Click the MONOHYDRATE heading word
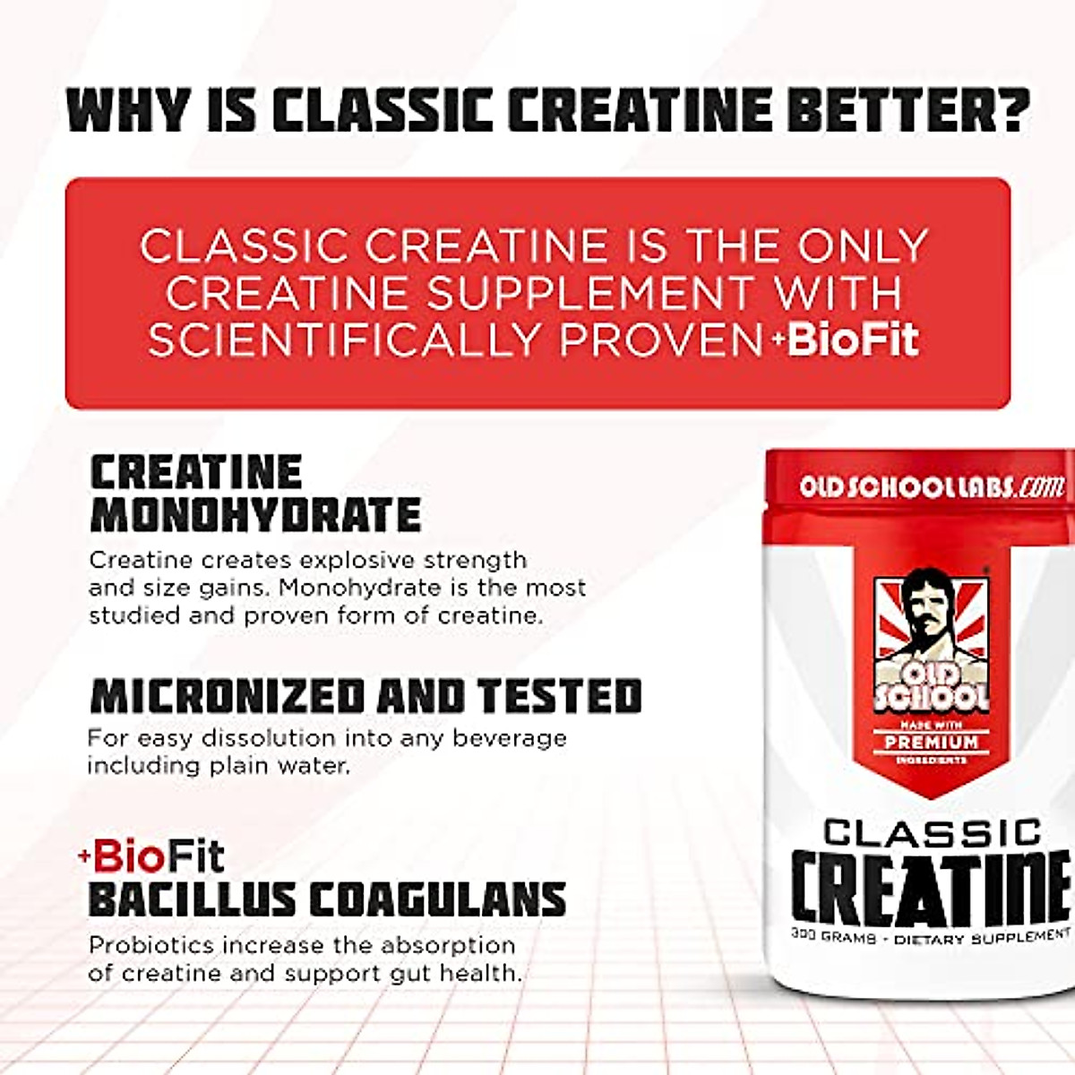pos(256,515)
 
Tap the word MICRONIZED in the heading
pos(228,696)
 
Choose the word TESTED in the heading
pos(559,696)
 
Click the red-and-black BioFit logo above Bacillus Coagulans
pos(152,857)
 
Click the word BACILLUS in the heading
pos(192,899)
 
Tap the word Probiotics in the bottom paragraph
pos(151,946)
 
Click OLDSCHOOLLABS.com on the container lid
pos(932,487)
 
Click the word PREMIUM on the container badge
pos(932,743)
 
